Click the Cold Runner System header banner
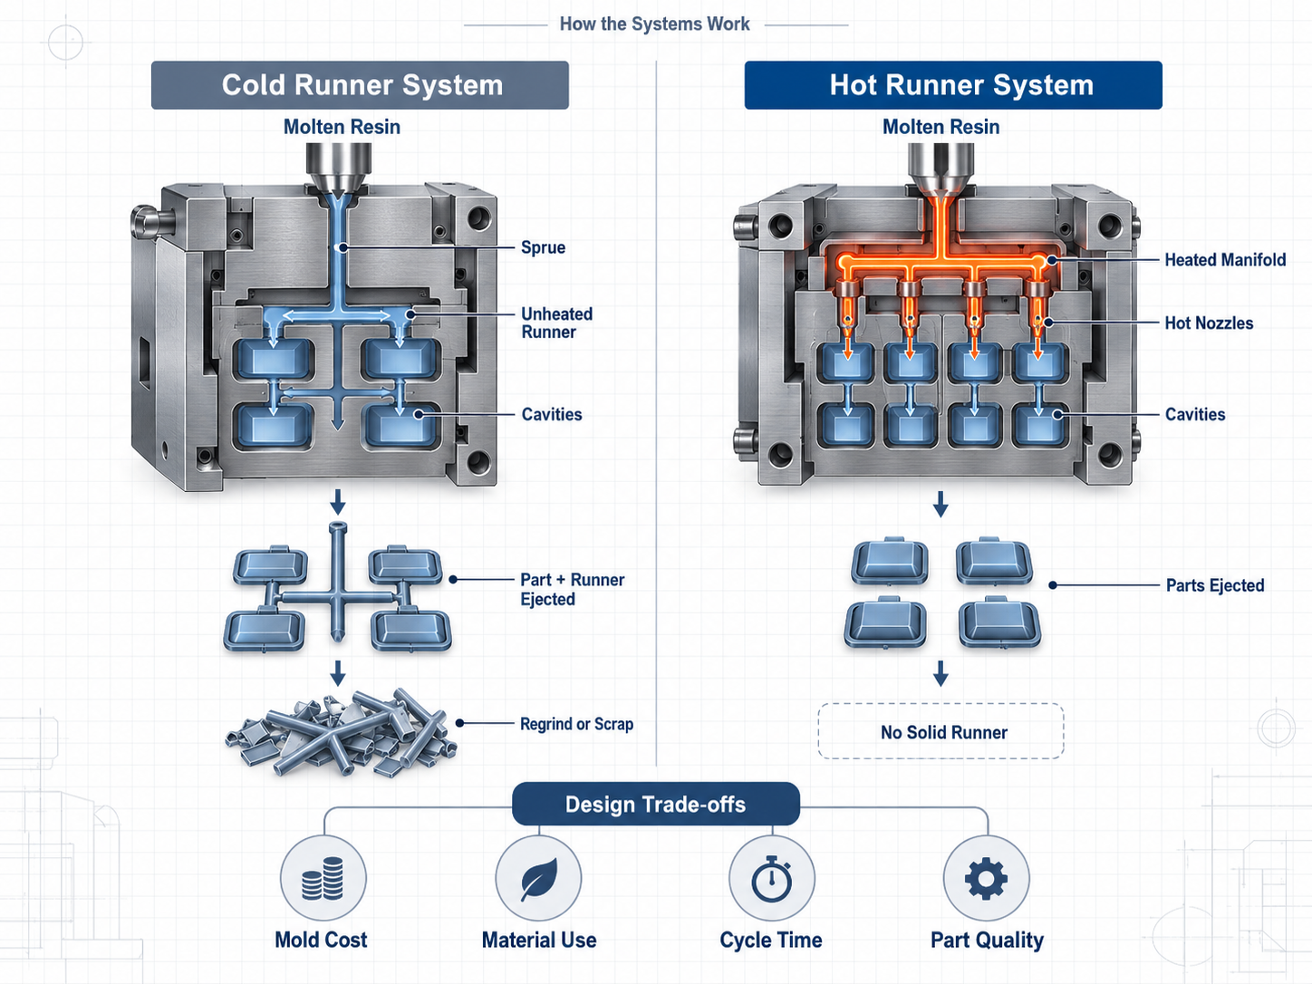pyautogui.click(x=360, y=85)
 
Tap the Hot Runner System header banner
pyautogui.click(x=953, y=85)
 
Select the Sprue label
pyautogui.click(x=543, y=247)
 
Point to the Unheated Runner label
pyautogui.click(x=556, y=323)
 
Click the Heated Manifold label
pyautogui.click(x=1225, y=260)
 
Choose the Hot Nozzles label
pyautogui.click(x=1209, y=323)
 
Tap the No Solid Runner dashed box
pyautogui.click(x=941, y=731)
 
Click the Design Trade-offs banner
pyautogui.click(x=656, y=805)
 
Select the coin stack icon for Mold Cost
pyautogui.click(x=323, y=878)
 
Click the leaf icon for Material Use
pyautogui.click(x=539, y=879)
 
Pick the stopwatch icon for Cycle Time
pyautogui.click(x=772, y=879)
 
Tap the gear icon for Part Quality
pyautogui.click(x=986, y=878)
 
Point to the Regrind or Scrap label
pyautogui.click(x=576, y=724)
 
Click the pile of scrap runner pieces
pyautogui.click(x=340, y=733)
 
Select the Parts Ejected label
pyautogui.click(x=1215, y=585)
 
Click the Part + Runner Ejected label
pyautogui.click(x=572, y=589)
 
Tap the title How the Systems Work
pyautogui.click(x=654, y=24)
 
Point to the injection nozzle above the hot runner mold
pyautogui.click(x=941, y=169)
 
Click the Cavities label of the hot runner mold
pyautogui.click(x=1195, y=415)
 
